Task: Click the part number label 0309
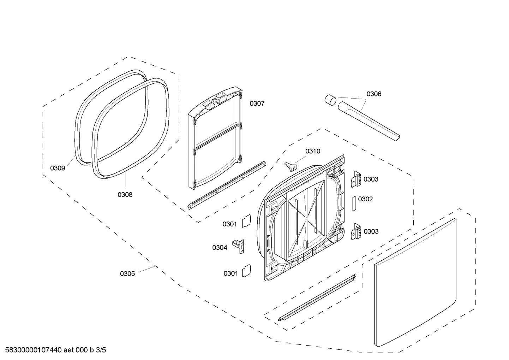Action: [x=58, y=168]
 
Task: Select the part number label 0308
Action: [x=125, y=194]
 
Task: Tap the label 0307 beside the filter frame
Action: [x=257, y=104]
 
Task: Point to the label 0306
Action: [x=374, y=94]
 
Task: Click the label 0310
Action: [x=313, y=151]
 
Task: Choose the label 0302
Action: [x=365, y=199]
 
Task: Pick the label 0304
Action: [x=220, y=248]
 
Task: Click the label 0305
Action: [x=127, y=273]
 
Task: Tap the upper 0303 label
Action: [x=371, y=179]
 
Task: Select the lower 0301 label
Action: [x=230, y=273]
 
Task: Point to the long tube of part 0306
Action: [x=369, y=121]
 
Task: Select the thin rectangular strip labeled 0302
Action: [x=354, y=203]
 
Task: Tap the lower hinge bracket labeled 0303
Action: [x=357, y=232]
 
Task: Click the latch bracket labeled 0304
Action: [x=238, y=246]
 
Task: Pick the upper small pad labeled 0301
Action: [x=246, y=221]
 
